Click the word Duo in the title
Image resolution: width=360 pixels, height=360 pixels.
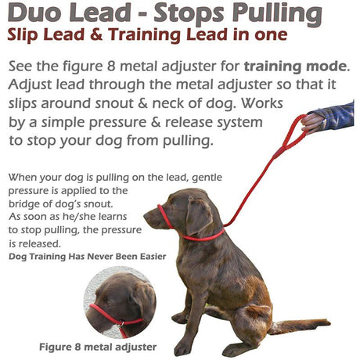[x=34, y=15]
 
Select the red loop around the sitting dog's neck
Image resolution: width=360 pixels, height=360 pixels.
[x=205, y=235]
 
